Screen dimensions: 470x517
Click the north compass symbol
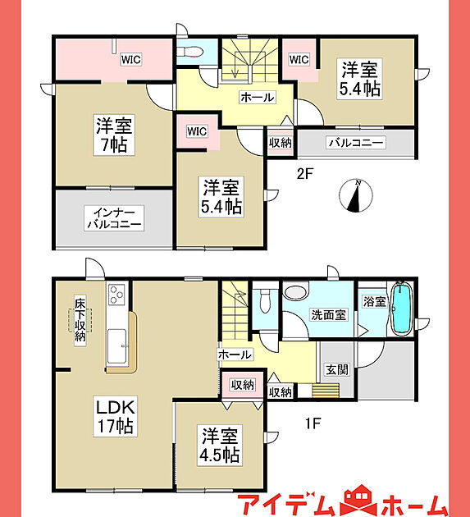tap(356, 195)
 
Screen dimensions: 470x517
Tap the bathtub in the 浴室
tap(401, 309)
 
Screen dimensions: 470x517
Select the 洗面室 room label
tap(329, 315)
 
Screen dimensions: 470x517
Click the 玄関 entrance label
tap(337, 369)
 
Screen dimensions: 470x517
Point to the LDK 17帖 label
tap(116, 417)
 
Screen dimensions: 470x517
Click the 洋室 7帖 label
tap(114, 135)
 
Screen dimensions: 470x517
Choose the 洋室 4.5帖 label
tap(220, 446)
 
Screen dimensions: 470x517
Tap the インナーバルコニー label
tap(114, 218)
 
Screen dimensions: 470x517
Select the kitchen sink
tap(116, 346)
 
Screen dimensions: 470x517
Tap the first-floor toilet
tap(265, 300)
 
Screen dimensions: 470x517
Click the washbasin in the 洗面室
tap(295, 291)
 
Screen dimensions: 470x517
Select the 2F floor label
tap(304, 174)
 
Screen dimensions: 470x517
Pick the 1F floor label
tap(313, 423)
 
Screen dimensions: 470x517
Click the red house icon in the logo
tap(361, 506)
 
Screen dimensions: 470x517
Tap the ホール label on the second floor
tap(258, 98)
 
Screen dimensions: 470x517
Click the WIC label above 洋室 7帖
tap(131, 60)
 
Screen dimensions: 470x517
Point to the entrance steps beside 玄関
tap(326, 391)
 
